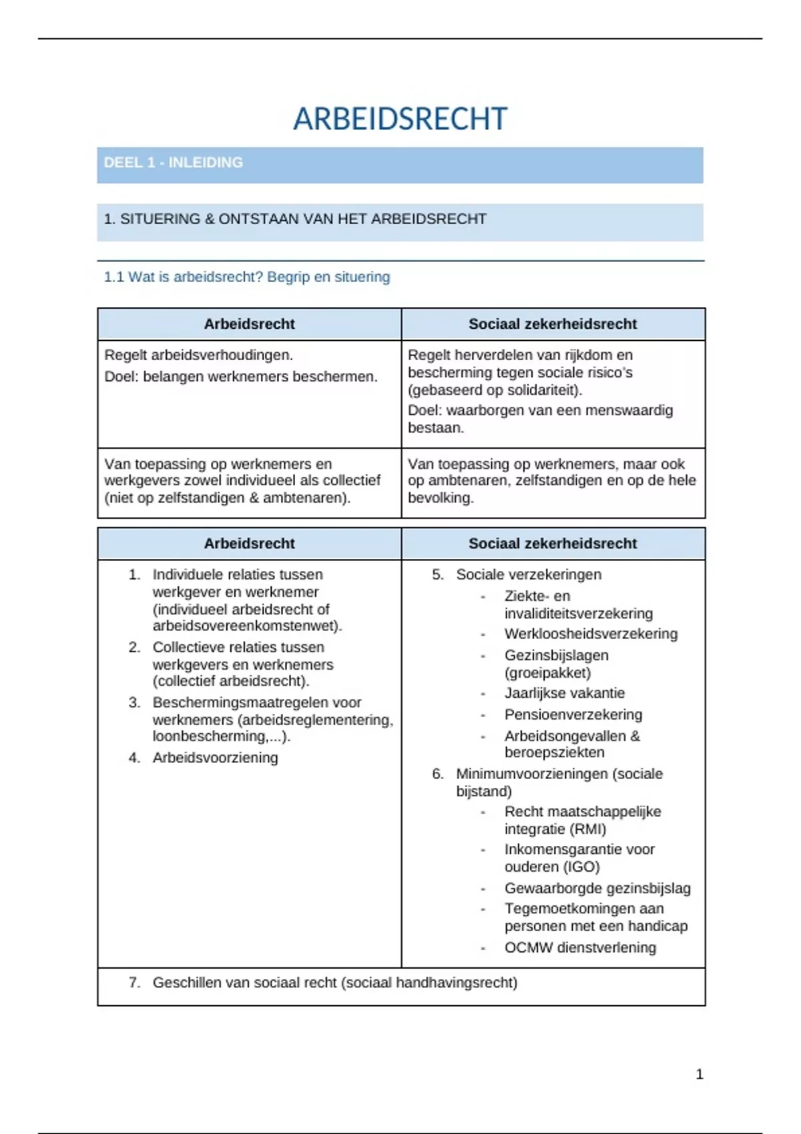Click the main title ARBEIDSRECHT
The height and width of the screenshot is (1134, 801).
[x=400, y=119]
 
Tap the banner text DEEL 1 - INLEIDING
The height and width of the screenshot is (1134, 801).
[x=174, y=163]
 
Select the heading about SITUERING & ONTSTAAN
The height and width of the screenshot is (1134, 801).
[x=295, y=219]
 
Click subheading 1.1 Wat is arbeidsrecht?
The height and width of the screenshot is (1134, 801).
[x=247, y=277]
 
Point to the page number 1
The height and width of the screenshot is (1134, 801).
[x=700, y=1074]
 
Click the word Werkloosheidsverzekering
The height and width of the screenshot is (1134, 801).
[x=591, y=634]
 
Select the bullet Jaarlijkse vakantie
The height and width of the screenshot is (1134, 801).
[x=565, y=693]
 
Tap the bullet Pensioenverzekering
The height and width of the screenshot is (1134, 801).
[x=573, y=714]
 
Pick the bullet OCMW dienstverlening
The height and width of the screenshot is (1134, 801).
[x=580, y=947]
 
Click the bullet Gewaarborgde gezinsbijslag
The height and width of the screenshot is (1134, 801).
[x=597, y=888]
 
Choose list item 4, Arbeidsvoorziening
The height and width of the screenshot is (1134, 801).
[x=215, y=757]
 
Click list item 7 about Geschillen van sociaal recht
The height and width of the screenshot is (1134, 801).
[x=334, y=983]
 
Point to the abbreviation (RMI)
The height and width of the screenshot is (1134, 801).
[x=580, y=829]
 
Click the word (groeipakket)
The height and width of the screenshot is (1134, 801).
[x=547, y=672]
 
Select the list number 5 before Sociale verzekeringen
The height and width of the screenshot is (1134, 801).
[x=437, y=574]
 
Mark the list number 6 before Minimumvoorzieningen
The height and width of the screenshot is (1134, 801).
[x=437, y=774]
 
